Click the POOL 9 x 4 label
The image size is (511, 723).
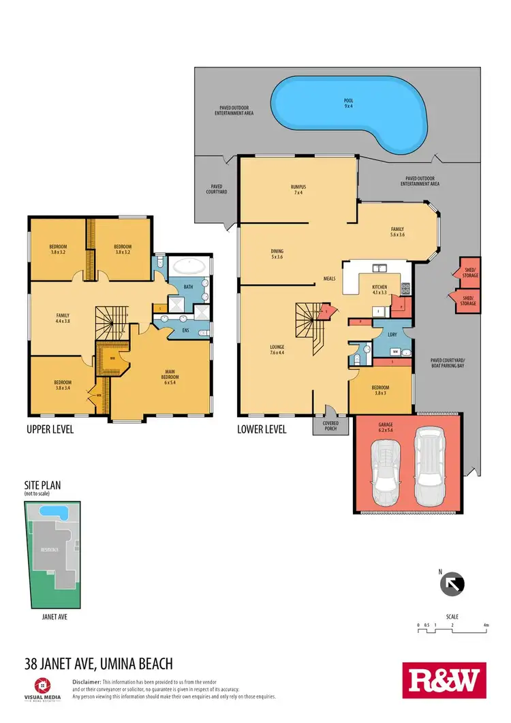348,103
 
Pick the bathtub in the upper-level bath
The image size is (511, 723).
182,266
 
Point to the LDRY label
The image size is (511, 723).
392,334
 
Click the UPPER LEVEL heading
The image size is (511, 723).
50,430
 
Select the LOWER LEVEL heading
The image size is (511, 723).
262,430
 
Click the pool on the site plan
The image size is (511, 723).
49,510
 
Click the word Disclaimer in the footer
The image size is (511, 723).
87,682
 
